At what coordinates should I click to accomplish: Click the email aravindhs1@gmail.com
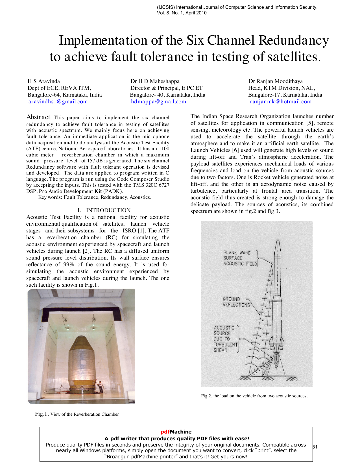58,102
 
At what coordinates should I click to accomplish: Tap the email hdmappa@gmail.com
158,102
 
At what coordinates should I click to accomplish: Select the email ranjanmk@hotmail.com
280,102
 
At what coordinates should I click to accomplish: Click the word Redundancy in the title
293,40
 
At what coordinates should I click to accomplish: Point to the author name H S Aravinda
44,81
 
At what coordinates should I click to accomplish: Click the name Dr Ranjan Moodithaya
275,81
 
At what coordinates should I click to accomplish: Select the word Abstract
38,117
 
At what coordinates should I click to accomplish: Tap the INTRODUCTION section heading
108,210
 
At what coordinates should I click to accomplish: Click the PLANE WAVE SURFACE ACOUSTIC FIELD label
240,258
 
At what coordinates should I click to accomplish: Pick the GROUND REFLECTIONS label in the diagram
236,302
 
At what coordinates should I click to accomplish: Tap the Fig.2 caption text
254,396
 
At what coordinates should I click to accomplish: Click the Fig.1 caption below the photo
77,414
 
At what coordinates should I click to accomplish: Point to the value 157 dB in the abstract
95,161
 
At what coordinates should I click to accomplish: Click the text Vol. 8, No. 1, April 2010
182,13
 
